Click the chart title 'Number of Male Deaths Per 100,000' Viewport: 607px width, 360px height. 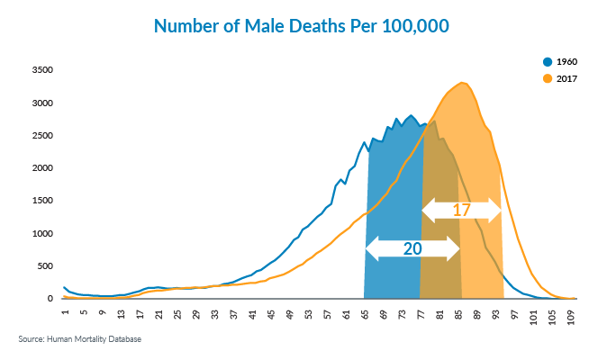click(x=302, y=26)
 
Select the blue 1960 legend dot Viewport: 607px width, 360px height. click(x=547, y=61)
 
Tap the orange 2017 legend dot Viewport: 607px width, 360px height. click(x=547, y=79)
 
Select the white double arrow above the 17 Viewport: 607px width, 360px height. click(x=462, y=210)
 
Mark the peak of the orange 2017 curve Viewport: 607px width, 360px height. click(x=462, y=83)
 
